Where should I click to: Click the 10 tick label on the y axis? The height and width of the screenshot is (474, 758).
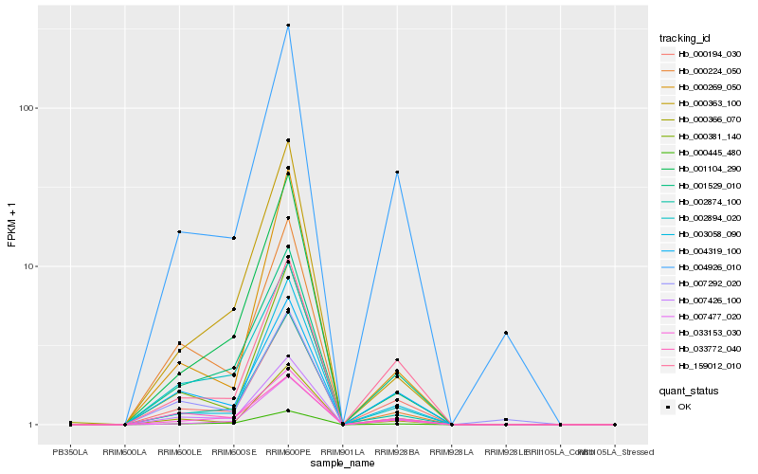(x=30, y=266)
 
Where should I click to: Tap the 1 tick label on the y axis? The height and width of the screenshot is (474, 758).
(x=33, y=425)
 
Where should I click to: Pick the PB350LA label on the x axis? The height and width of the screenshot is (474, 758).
(x=70, y=452)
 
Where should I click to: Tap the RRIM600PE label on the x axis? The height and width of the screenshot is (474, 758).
(x=288, y=452)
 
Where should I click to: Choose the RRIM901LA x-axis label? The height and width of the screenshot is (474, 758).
(x=342, y=452)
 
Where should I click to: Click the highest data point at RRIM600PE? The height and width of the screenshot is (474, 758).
(x=288, y=26)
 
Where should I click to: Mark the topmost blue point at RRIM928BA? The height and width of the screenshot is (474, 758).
(x=397, y=172)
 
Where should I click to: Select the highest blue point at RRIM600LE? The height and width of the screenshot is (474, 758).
(x=179, y=231)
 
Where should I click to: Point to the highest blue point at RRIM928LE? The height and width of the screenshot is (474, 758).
(x=506, y=333)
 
